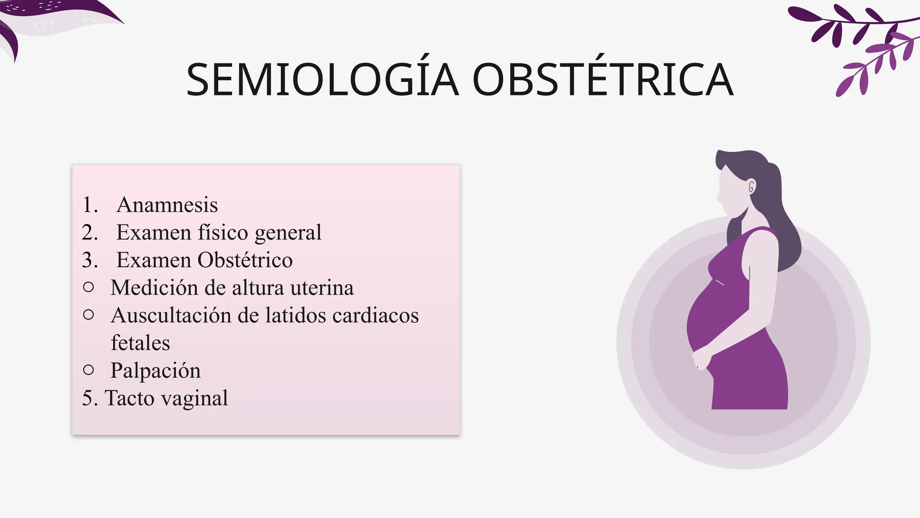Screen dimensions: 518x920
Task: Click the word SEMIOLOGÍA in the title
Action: pyautogui.click(x=323, y=80)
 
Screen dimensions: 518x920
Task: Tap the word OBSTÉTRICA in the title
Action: pyautogui.click(x=603, y=80)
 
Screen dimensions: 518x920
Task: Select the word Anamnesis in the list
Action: pyautogui.click(x=167, y=205)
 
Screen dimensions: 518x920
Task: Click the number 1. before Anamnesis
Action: pyautogui.click(x=90, y=205)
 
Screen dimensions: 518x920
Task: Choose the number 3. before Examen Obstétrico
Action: pyautogui.click(x=90, y=260)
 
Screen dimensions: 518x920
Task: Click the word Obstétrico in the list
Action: pyautogui.click(x=245, y=260)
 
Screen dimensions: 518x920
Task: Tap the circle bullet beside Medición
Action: pyautogui.click(x=88, y=287)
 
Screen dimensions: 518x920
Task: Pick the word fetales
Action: pyautogui.click(x=140, y=343)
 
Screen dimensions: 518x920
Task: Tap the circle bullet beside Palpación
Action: pyautogui.click(x=88, y=370)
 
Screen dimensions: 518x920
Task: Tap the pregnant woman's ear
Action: pyautogui.click(x=751, y=186)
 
